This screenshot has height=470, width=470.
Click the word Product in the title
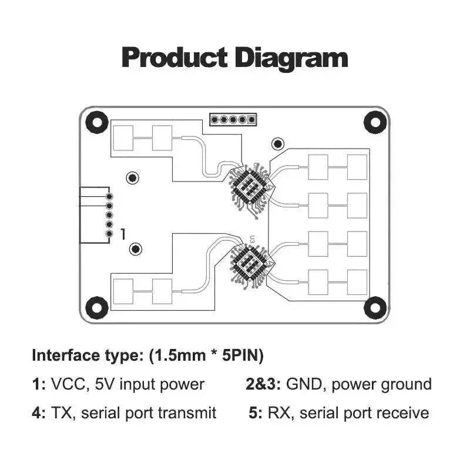[x=174, y=58]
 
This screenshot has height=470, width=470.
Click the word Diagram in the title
[x=291, y=59]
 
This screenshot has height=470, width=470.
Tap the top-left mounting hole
[x=97, y=122]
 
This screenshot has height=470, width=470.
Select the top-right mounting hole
[x=375, y=122]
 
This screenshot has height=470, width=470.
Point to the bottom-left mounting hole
[x=97, y=307]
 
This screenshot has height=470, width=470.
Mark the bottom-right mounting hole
[x=375, y=307]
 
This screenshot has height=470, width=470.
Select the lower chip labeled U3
[x=249, y=263]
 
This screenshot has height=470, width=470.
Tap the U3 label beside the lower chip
[x=253, y=240]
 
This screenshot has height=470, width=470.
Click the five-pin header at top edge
[x=233, y=120]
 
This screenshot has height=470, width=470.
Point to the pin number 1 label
[x=123, y=234]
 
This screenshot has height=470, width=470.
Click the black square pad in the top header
[x=252, y=120]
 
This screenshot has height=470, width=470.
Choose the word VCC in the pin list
[x=68, y=384]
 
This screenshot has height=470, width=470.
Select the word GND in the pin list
[x=304, y=384]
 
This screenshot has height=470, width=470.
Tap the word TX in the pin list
[x=62, y=413]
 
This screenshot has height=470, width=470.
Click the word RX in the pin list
[x=278, y=413]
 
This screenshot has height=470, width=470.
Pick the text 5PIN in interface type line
[x=240, y=355]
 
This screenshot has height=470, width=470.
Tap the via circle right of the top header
[x=278, y=144]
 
